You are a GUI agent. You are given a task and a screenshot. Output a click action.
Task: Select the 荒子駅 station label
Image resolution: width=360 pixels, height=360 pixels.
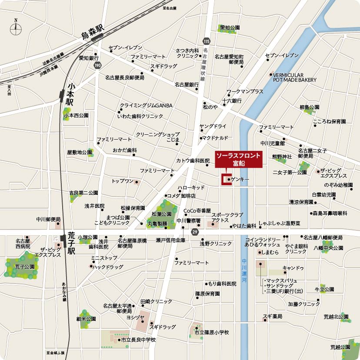[x=71, y=243]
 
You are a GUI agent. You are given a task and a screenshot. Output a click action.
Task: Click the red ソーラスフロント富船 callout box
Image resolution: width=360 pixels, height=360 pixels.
[x=239, y=159]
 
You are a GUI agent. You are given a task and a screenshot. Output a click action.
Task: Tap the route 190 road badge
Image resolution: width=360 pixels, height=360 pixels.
[x=98, y=65]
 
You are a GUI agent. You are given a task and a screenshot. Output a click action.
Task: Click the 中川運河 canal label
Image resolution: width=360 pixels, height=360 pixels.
[x=244, y=270]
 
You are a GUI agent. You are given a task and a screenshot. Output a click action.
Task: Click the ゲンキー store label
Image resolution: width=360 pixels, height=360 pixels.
[x=240, y=179]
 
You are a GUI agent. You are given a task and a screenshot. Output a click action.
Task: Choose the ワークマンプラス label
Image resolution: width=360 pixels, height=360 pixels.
[x=245, y=92]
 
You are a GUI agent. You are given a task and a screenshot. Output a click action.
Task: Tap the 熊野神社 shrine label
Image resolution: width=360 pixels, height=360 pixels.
[x=282, y=157]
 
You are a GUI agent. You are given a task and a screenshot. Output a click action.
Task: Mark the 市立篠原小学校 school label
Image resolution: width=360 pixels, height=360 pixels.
[x=211, y=333]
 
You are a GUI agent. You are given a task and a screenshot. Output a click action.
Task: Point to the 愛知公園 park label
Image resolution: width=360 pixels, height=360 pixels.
[x=230, y=27]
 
